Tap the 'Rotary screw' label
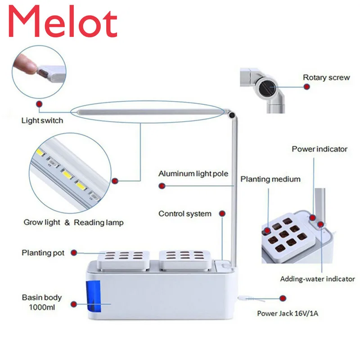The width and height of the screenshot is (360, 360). (x=326, y=77)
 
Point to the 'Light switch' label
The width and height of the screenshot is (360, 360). (x=42, y=121)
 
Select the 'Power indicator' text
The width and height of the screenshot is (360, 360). (x=319, y=149)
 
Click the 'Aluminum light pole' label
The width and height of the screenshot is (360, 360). (x=193, y=174)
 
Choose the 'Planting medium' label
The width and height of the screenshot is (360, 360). (x=270, y=179)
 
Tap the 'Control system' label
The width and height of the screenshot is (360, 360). (x=184, y=214)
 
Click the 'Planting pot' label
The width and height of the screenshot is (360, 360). (x=43, y=253)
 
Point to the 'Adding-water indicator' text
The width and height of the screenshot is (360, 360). (x=317, y=279)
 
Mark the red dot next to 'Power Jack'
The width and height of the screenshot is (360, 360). (x=283, y=298)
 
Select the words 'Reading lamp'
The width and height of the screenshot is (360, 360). (x=99, y=222)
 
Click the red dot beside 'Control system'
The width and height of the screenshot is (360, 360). (x=222, y=213)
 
